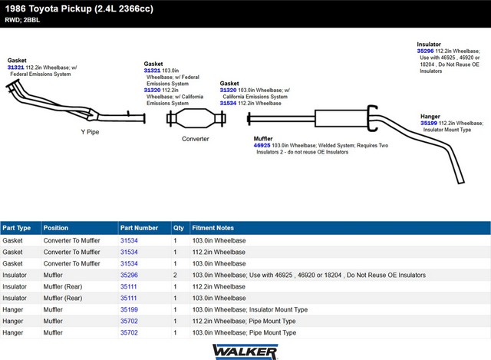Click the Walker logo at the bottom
point(245,352)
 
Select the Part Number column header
point(139,228)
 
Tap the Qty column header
point(179,228)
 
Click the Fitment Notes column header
point(213,228)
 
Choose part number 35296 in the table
point(129,275)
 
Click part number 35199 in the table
point(129,309)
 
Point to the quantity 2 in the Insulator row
point(175,275)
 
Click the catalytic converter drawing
point(196,118)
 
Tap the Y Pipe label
point(90,132)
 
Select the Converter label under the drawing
point(196,139)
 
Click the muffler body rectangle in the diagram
point(341,118)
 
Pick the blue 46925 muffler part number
point(262,145)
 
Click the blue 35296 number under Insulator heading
point(425,51)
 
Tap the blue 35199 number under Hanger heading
point(429,123)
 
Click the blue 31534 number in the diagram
point(228,103)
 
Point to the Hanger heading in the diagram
point(430,116)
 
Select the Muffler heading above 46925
point(263,138)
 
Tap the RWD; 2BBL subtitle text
point(22,20)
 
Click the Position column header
point(56,228)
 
